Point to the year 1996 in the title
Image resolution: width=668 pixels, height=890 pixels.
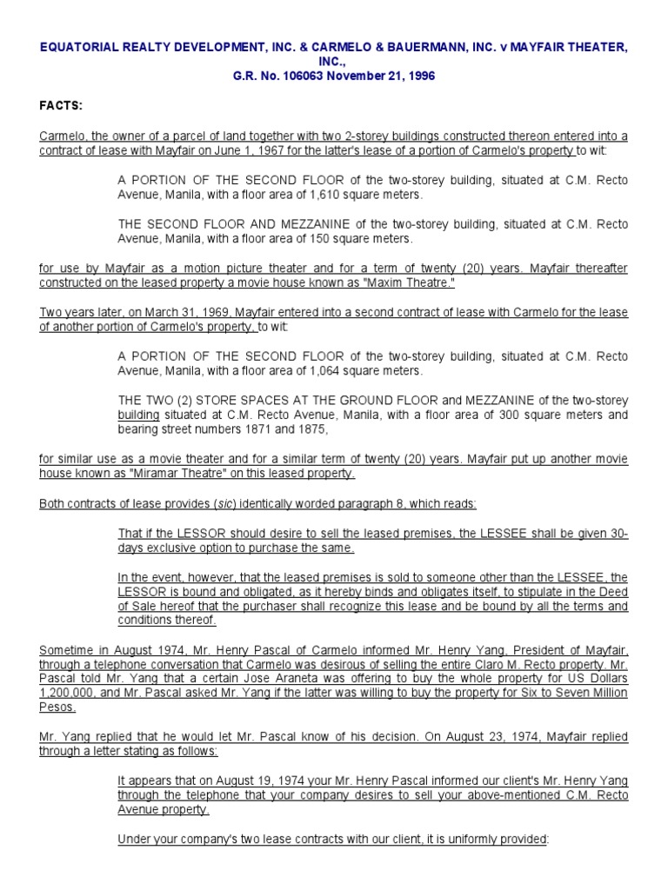pyautogui.click(x=419, y=76)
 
